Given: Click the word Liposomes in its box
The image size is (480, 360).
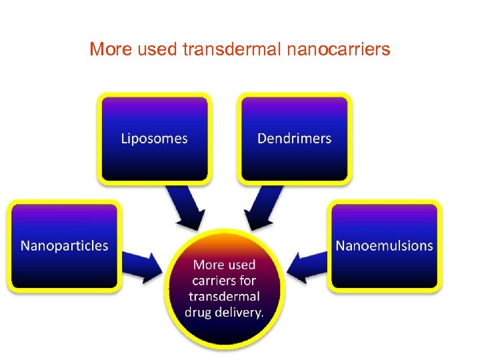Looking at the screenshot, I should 154,139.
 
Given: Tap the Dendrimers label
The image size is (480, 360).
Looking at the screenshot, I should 294,139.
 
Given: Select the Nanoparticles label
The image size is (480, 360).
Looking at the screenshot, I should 64,245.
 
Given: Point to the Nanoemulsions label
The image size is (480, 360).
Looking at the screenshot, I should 384,245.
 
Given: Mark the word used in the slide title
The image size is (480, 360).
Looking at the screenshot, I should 153,49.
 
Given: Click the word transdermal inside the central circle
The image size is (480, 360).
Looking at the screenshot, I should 224,296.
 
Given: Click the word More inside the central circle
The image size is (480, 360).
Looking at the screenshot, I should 207,264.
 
